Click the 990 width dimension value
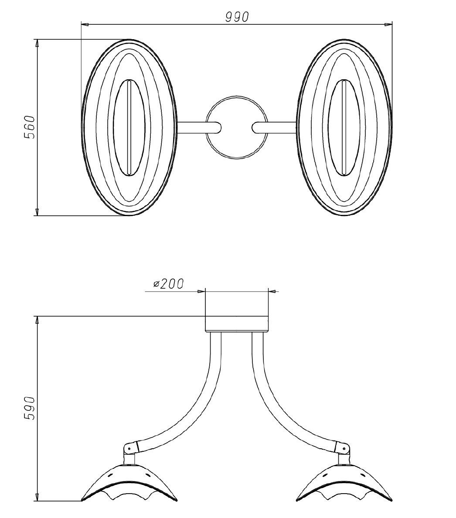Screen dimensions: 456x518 click(237, 17)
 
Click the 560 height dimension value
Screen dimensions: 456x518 click(30, 127)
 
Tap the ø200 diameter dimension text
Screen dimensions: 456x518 click(168, 284)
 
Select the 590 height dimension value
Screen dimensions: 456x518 click(30, 408)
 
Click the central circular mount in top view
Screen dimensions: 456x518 click(236, 127)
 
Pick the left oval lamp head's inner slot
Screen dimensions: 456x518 click(129, 128)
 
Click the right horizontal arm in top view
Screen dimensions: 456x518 click(275, 128)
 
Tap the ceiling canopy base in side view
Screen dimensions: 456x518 click(237, 324)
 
